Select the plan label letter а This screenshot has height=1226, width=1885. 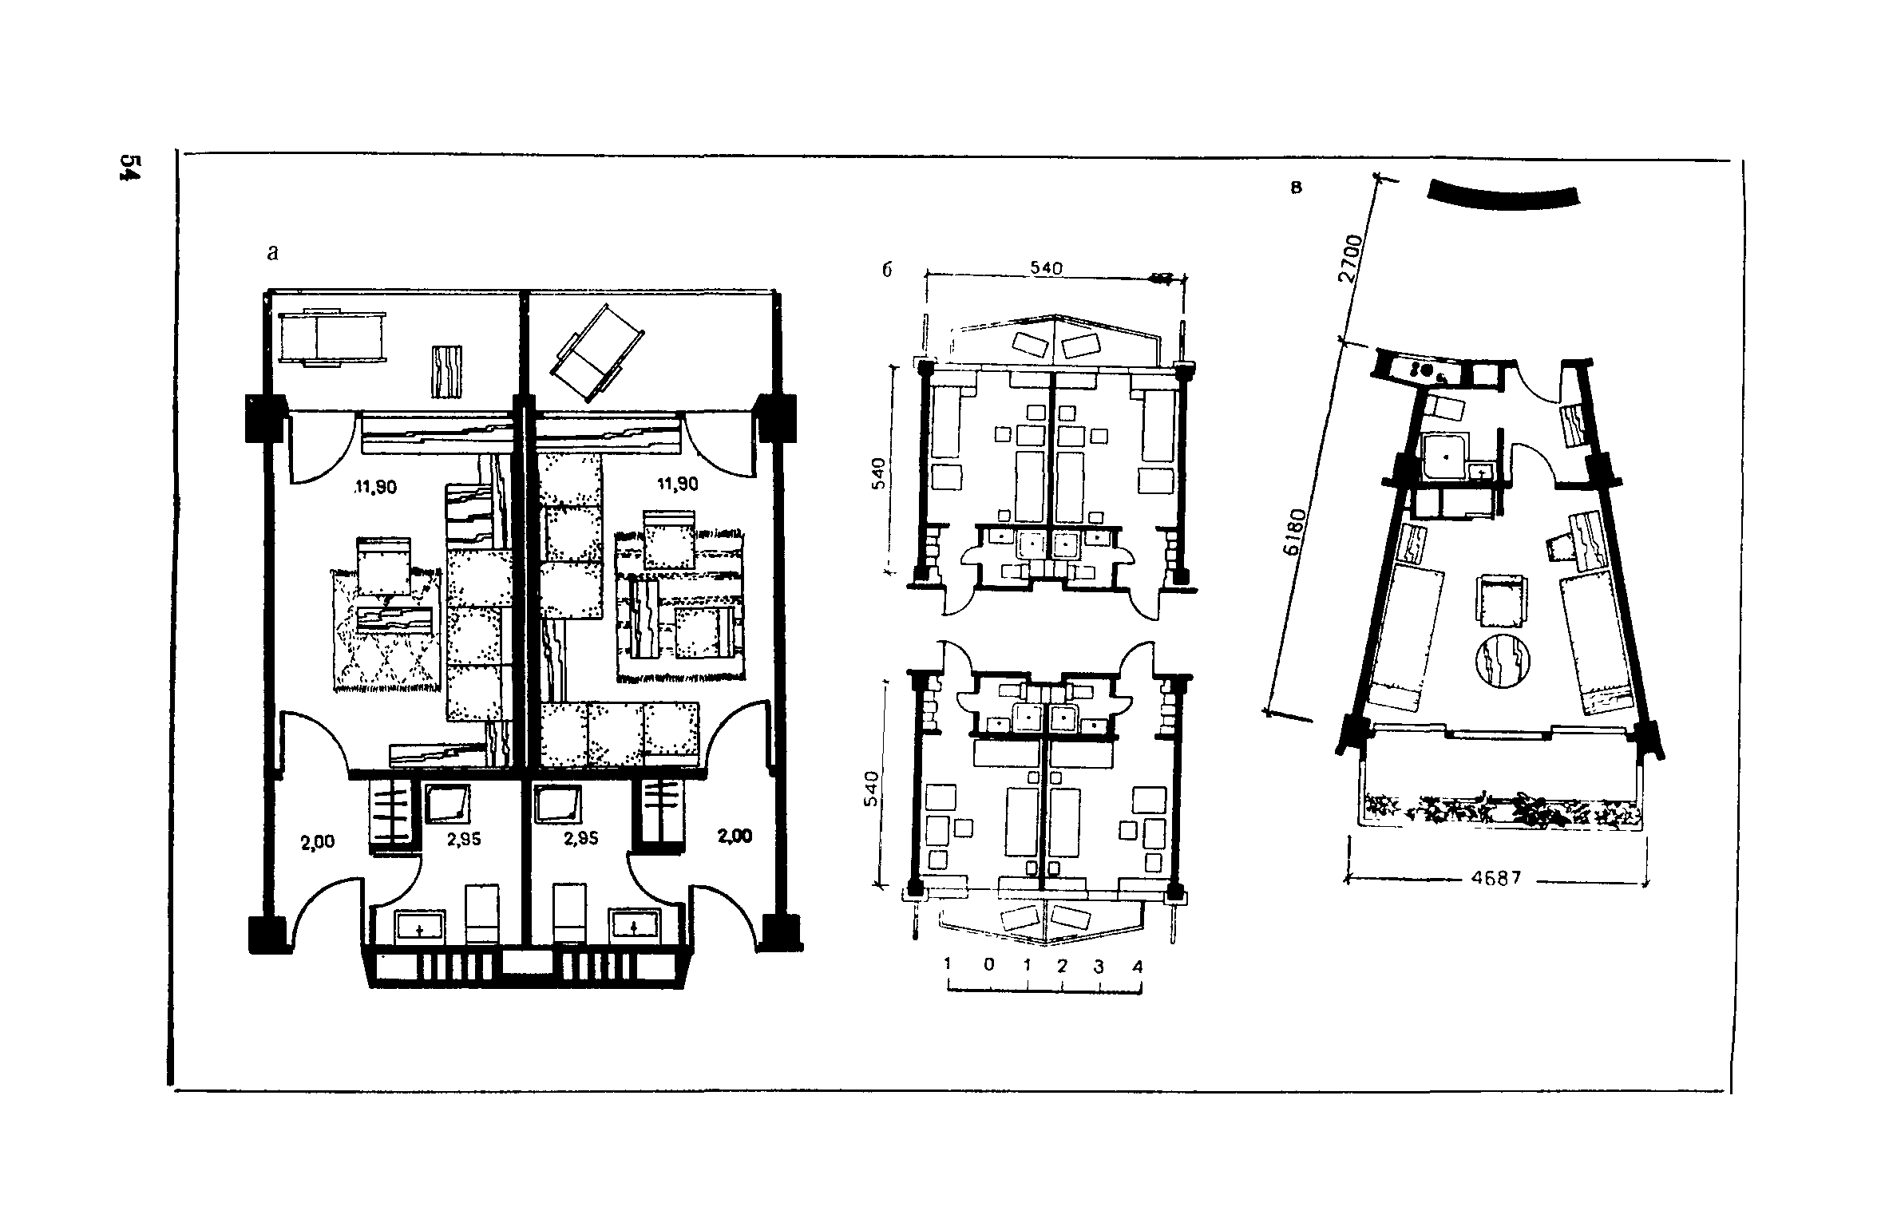coord(273,254)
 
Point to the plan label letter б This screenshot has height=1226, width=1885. coord(886,270)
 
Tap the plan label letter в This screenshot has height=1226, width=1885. coord(1297,189)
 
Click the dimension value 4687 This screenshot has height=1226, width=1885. coord(1495,879)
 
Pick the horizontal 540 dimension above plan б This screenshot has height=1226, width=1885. coord(1045,269)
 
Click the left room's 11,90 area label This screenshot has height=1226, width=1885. coord(374,487)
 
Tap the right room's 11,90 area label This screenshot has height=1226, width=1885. coord(676,484)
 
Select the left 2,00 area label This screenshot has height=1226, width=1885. coord(317,841)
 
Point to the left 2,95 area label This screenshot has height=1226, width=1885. coord(464,839)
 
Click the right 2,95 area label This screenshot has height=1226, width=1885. coord(580,839)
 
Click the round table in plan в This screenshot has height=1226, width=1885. coord(1503,662)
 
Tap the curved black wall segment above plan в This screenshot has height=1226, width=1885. coord(1503,196)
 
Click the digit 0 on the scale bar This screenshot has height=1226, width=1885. coord(989,964)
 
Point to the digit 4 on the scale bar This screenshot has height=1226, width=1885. coord(1137,967)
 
